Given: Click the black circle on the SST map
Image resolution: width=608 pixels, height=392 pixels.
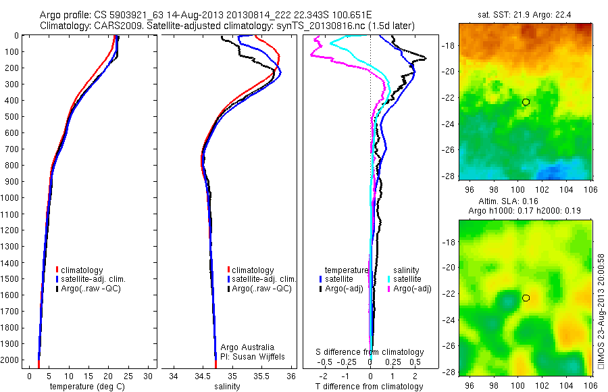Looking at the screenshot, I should click(526, 102).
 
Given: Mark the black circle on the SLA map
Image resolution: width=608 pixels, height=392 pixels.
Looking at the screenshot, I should click(526, 298).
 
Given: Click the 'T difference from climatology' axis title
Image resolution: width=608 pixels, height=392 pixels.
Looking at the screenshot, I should click(370, 387).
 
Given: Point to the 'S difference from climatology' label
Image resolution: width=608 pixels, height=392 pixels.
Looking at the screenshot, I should click(370, 352).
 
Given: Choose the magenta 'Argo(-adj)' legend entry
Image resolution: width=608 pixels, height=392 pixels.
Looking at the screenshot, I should click(407, 289).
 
